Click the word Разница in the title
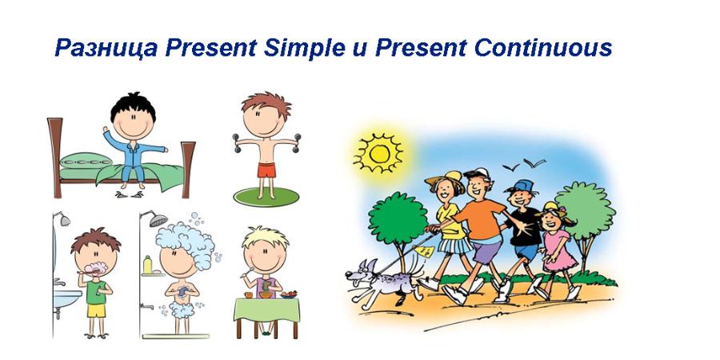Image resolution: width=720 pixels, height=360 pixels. click(x=106, y=48)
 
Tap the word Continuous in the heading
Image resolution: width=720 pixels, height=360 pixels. click(x=542, y=47)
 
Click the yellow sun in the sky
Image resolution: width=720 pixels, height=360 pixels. click(x=378, y=154)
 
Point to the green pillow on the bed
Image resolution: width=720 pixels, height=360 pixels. click(x=86, y=161)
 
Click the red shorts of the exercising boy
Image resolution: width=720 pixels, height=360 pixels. click(x=266, y=170)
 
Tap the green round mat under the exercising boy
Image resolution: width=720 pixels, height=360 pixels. click(x=266, y=197)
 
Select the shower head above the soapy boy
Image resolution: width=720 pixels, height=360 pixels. click(x=158, y=220)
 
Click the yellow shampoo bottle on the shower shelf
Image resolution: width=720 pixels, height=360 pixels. click(x=147, y=265)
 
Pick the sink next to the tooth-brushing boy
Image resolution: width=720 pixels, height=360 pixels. click(x=66, y=298)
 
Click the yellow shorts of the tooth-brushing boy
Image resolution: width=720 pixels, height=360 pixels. click(x=97, y=310)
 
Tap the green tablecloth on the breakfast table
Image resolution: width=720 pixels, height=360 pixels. click(x=266, y=309)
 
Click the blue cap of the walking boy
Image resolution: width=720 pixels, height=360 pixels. click(x=521, y=186)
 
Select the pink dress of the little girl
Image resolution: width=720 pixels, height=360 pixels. click(x=559, y=250)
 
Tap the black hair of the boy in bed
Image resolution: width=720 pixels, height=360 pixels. click(x=133, y=106)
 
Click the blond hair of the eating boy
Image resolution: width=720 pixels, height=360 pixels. click(x=266, y=236)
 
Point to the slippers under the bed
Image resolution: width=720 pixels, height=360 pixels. click(x=129, y=194)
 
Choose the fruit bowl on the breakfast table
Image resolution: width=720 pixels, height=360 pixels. click(x=288, y=294)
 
